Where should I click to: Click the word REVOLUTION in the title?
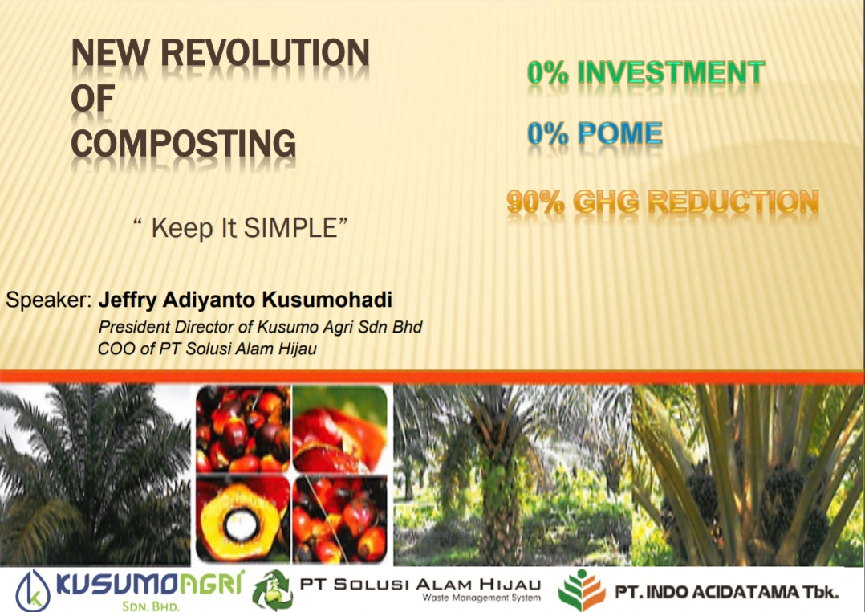(x=266, y=53)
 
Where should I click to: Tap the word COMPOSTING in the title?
(x=184, y=143)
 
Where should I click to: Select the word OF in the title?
(x=93, y=98)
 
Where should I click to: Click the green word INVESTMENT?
(x=671, y=72)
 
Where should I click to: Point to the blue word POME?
(x=620, y=133)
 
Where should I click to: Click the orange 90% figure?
(x=536, y=202)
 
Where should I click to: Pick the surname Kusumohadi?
(x=327, y=300)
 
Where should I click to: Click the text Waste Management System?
(x=481, y=598)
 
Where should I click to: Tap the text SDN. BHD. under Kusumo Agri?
(x=151, y=606)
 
